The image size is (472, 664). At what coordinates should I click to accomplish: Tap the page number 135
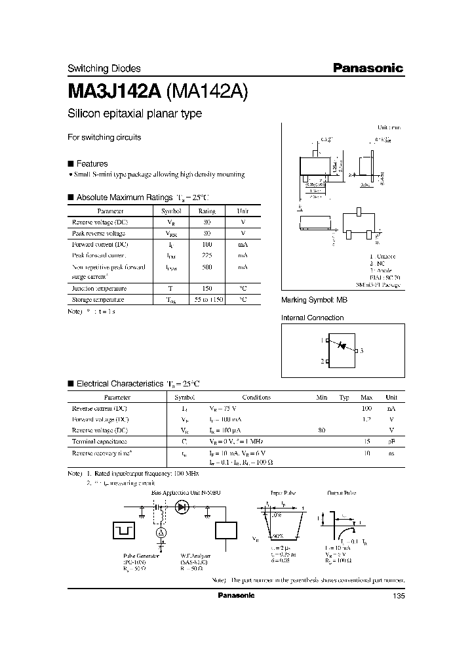(398, 596)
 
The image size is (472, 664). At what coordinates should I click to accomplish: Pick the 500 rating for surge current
(206, 268)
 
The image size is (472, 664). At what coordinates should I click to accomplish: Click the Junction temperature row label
(99, 288)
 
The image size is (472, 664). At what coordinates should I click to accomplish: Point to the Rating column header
(206, 211)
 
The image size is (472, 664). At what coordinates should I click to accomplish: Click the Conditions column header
(256, 397)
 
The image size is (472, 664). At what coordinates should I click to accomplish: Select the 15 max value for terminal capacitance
(367, 442)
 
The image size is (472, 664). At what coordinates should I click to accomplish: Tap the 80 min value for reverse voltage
(321, 430)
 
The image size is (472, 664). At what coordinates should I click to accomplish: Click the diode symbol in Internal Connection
(341, 346)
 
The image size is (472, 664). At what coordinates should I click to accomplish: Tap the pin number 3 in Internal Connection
(361, 351)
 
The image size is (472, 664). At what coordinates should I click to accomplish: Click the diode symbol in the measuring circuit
(182, 507)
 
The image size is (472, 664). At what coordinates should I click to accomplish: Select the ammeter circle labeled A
(161, 533)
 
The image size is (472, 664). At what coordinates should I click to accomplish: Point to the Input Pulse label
(283, 491)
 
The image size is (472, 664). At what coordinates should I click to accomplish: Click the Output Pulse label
(342, 491)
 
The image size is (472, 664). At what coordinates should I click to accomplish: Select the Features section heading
(92, 163)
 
